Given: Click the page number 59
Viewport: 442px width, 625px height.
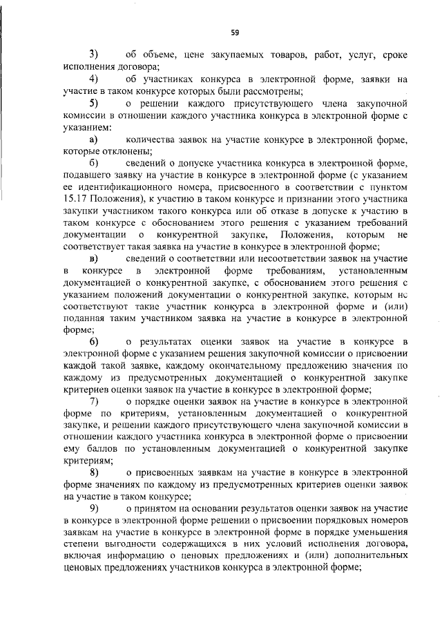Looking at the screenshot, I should [x=235, y=32].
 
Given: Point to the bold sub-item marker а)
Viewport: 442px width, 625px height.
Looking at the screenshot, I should [x=93, y=140].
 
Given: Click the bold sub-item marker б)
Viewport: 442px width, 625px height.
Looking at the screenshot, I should [x=93, y=162].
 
